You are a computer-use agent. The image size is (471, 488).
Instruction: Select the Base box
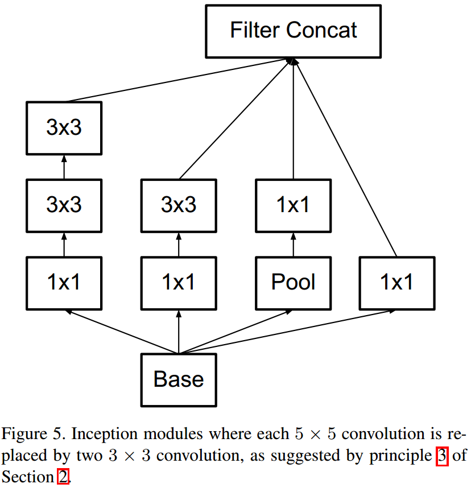(x=179, y=379)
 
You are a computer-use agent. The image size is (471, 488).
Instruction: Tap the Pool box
(x=293, y=283)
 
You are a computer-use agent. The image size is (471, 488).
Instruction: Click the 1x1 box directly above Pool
(x=293, y=205)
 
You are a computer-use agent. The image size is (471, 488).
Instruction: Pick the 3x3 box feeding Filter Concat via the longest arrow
(x=64, y=128)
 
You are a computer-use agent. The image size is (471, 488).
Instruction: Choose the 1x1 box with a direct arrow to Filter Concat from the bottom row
(x=396, y=283)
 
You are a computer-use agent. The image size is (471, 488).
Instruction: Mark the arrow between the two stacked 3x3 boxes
(x=64, y=167)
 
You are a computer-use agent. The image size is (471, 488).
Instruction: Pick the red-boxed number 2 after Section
(x=63, y=477)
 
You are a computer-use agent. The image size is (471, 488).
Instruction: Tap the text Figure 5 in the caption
(x=34, y=435)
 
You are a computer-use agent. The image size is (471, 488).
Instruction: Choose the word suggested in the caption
(x=298, y=456)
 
